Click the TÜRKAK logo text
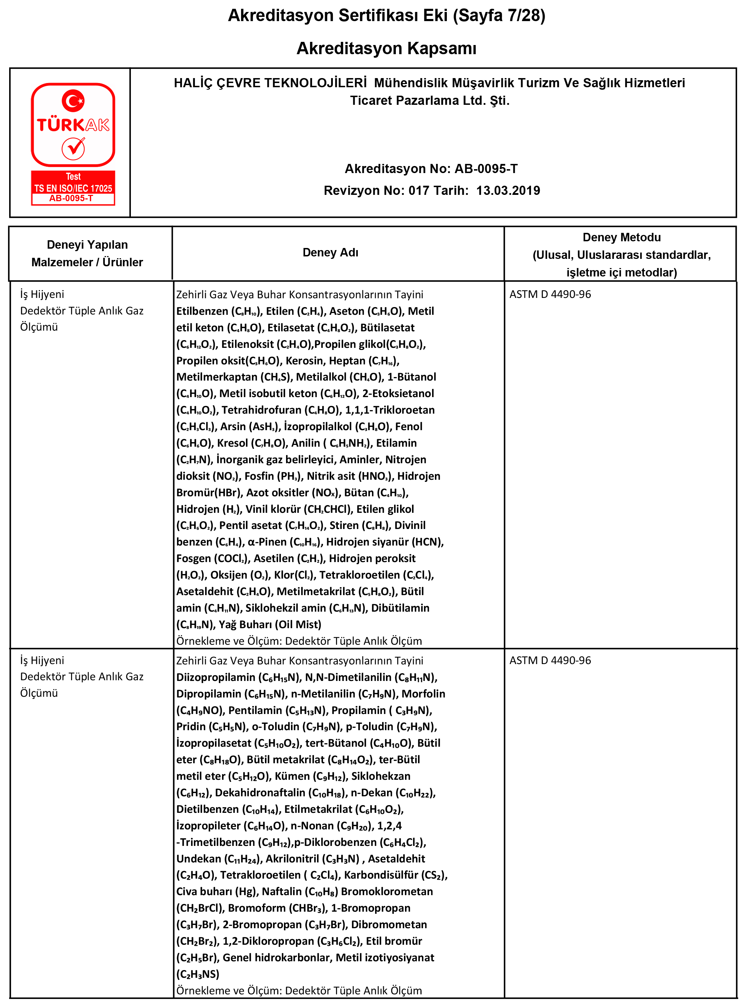(73, 125)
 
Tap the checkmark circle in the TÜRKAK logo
(73, 148)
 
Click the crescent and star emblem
(73, 100)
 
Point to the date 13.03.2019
(508, 190)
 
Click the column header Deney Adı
(330, 253)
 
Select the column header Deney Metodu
(621, 238)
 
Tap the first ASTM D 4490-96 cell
(550, 294)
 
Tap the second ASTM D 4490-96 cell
(550, 660)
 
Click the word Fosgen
(194, 558)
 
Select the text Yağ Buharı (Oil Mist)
(270, 624)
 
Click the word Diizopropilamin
(216, 677)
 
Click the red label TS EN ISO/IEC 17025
(73, 188)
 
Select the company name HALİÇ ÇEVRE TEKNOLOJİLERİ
(270, 83)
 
